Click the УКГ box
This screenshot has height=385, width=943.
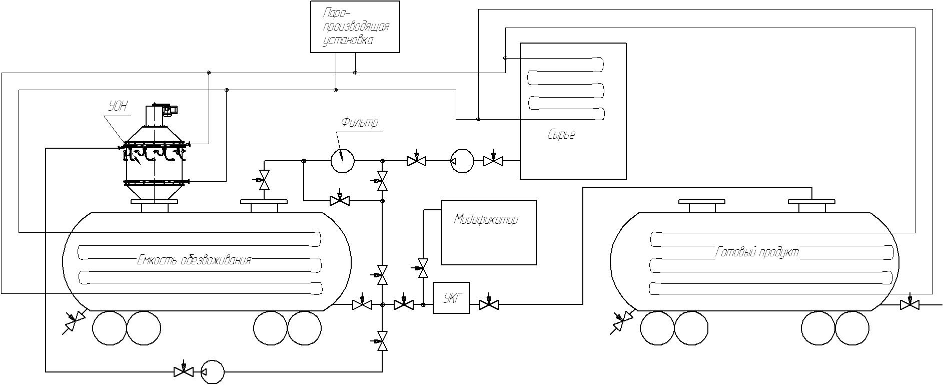click(451, 298)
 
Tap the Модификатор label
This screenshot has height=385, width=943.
click(486, 220)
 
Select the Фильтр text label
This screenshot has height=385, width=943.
click(360, 122)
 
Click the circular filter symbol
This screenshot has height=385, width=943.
click(343, 161)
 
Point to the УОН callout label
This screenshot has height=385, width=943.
click(119, 106)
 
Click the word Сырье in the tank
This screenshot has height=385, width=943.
click(561, 135)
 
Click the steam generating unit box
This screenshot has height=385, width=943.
click(355, 27)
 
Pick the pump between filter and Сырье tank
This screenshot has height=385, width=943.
click(462, 161)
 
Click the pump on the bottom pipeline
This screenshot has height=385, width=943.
click(212, 372)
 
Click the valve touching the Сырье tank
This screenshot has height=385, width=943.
click(493, 160)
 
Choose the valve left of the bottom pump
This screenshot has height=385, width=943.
click(184, 371)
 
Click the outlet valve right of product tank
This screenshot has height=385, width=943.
click(909, 303)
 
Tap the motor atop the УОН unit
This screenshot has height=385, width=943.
click(172, 110)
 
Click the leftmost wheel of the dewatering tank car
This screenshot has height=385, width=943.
click(110, 328)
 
